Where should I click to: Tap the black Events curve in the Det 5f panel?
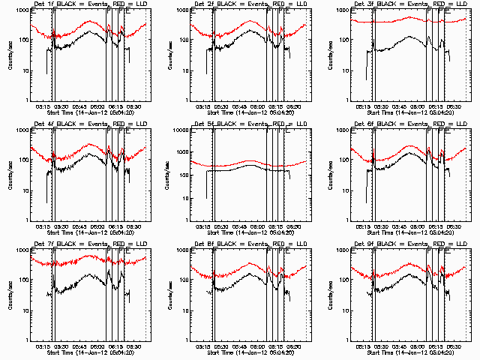click(x=240, y=170)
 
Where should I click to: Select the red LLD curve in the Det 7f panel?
click(x=75, y=263)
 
